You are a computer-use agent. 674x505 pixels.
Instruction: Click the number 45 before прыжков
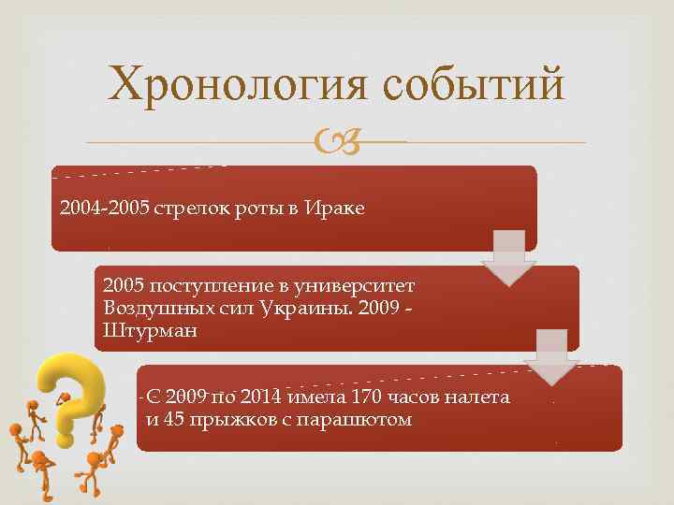(x=173, y=419)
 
